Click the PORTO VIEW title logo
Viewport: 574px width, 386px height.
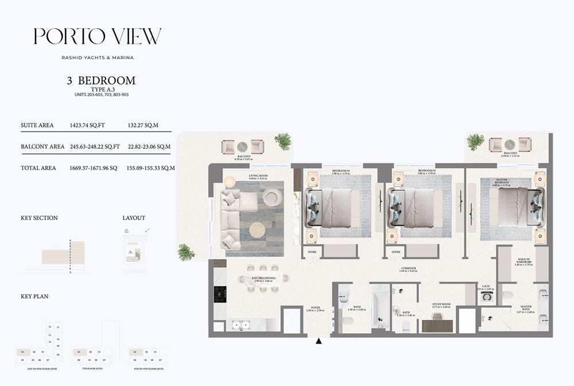[x=97, y=36]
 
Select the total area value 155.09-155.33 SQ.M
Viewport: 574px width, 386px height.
[x=150, y=168]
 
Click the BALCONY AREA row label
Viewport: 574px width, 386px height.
[x=42, y=146]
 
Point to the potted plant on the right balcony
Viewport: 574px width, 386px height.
[x=475, y=141]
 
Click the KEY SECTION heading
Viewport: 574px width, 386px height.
[x=39, y=218]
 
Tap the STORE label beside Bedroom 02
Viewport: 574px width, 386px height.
[x=396, y=252]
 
